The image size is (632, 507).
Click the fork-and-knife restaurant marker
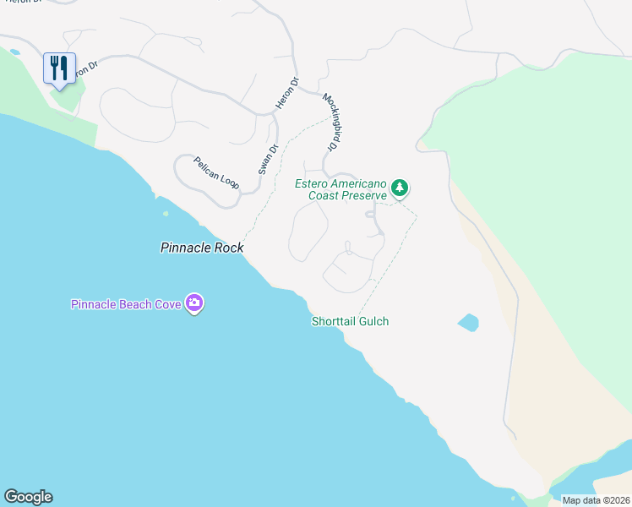(x=59, y=68)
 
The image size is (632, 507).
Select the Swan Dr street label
(x=268, y=157)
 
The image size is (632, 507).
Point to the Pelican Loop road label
(x=216, y=172)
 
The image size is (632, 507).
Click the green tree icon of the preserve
(x=400, y=187)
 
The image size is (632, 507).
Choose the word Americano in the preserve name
(x=358, y=184)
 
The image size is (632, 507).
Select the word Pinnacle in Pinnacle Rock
(x=187, y=248)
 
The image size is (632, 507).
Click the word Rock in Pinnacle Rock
(x=229, y=248)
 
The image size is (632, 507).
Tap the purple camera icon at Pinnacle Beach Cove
(x=195, y=303)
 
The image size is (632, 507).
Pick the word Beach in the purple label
(x=137, y=304)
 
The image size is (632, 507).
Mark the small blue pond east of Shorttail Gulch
(x=468, y=322)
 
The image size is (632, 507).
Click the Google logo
(x=28, y=497)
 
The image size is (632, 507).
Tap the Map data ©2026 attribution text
(x=596, y=500)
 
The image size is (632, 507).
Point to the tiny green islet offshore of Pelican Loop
(x=166, y=213)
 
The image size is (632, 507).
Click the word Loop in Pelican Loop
(x=229, y=179)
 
